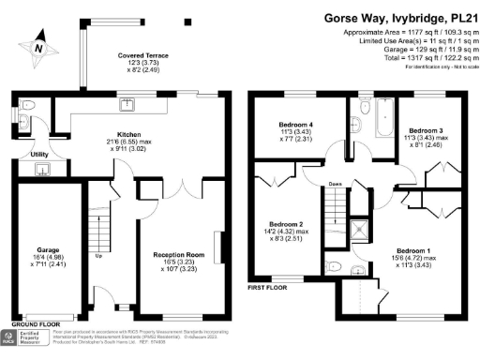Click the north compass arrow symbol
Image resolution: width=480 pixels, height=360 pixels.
tap(38, 45)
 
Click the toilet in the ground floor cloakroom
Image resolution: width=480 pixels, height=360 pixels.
tap(27, 106)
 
